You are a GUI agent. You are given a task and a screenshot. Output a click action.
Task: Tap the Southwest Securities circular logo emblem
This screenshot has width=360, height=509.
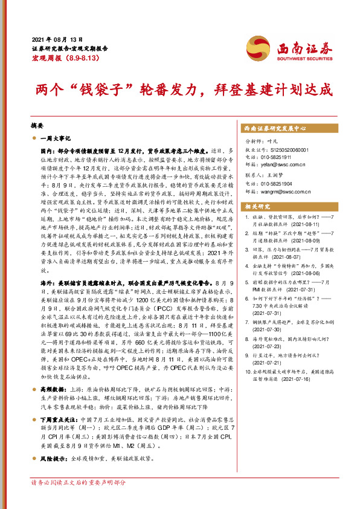click(x=255, y=47)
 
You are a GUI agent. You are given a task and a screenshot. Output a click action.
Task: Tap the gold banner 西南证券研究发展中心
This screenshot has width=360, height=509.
click(x=275, y=129)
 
